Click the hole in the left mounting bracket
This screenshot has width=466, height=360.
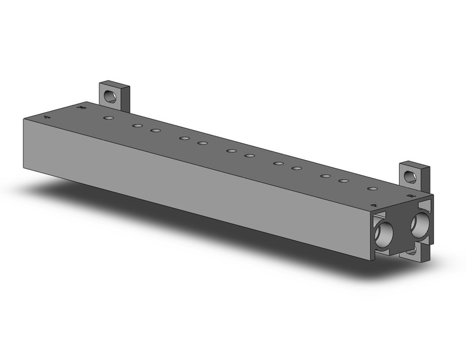point(111,96)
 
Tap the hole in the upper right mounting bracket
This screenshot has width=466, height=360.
point(411,178)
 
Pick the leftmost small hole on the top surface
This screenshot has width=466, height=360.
point(109,117)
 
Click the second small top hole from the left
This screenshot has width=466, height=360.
point(137,126)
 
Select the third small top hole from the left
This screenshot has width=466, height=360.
point(156,131)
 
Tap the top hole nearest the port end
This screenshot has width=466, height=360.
point(372,188)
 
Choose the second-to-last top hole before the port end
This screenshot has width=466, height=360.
point(344,182)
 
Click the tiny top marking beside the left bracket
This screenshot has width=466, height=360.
point(82,109)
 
